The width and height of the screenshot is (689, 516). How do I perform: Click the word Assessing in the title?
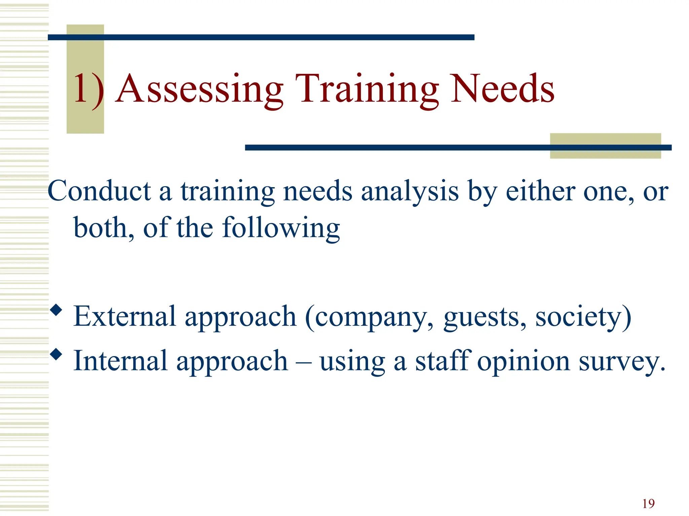coord(199,89)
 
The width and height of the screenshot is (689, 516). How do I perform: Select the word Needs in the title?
coord(503,89)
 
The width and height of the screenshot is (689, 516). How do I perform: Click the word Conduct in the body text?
coord(100,191)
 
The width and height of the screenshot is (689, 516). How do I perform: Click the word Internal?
coord(120,361)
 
